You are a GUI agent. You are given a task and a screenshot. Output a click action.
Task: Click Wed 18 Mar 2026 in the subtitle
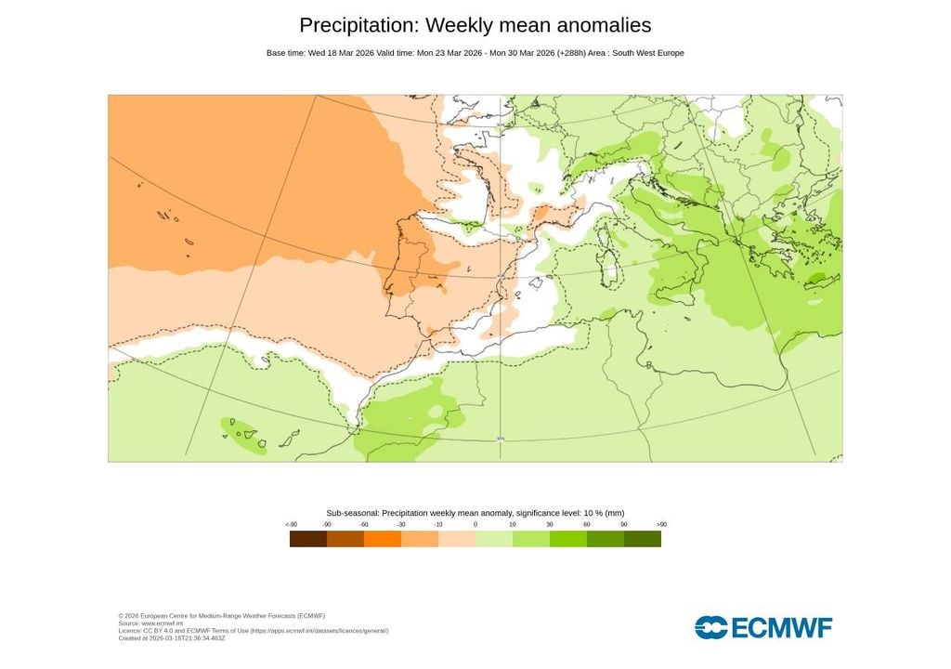(341, 53)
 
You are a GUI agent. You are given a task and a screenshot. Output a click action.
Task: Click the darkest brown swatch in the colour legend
(308, 539)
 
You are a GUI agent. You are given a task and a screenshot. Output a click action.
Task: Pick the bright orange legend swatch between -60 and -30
(383, 539)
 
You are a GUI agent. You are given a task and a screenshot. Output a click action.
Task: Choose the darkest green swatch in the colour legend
(643, 539)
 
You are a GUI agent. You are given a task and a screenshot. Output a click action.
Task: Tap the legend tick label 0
(475, 525)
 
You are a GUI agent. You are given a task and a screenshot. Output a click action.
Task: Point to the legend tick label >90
(661, 525)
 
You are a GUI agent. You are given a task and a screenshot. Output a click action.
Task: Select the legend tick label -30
(401, 525)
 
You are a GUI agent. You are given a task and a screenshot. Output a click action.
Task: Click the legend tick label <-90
(291, 525)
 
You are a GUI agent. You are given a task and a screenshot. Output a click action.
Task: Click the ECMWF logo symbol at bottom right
(711, 627)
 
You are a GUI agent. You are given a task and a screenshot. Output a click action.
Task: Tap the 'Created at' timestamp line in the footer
(172, 638)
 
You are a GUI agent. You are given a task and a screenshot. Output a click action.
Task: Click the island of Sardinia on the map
(610, 269)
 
